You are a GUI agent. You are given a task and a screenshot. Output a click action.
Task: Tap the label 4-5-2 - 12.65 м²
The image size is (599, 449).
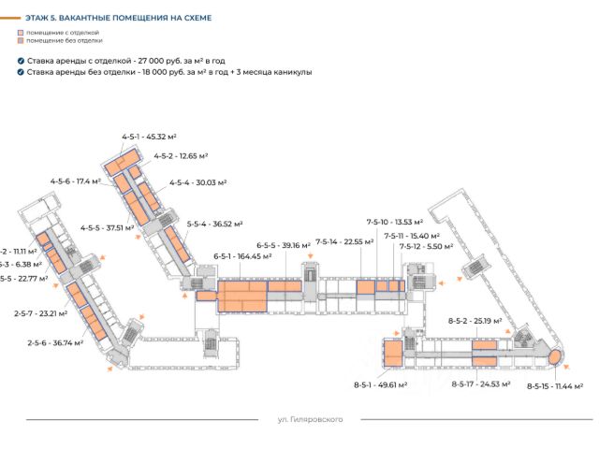point(181,156)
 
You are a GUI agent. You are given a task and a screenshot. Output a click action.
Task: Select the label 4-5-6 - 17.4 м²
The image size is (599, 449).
point(76,181)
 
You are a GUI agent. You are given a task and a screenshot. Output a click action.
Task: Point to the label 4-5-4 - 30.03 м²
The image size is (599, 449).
point(198,182)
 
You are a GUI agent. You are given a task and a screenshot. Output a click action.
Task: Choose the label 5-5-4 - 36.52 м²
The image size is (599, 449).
point(214,224)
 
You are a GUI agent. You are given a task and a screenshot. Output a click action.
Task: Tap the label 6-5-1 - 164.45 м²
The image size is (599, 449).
point(242,255)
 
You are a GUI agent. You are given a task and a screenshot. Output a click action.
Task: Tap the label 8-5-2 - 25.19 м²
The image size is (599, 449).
point(475,321)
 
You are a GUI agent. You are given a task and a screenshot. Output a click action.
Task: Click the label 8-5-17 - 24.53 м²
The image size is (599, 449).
point(480,384)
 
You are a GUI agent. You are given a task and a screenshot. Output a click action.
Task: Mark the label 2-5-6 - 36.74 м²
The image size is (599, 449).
point(55,342)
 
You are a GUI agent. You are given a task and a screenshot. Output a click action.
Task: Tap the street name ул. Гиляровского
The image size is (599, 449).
point(311,420)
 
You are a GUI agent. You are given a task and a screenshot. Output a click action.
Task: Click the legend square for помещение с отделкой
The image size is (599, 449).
point(21,33)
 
